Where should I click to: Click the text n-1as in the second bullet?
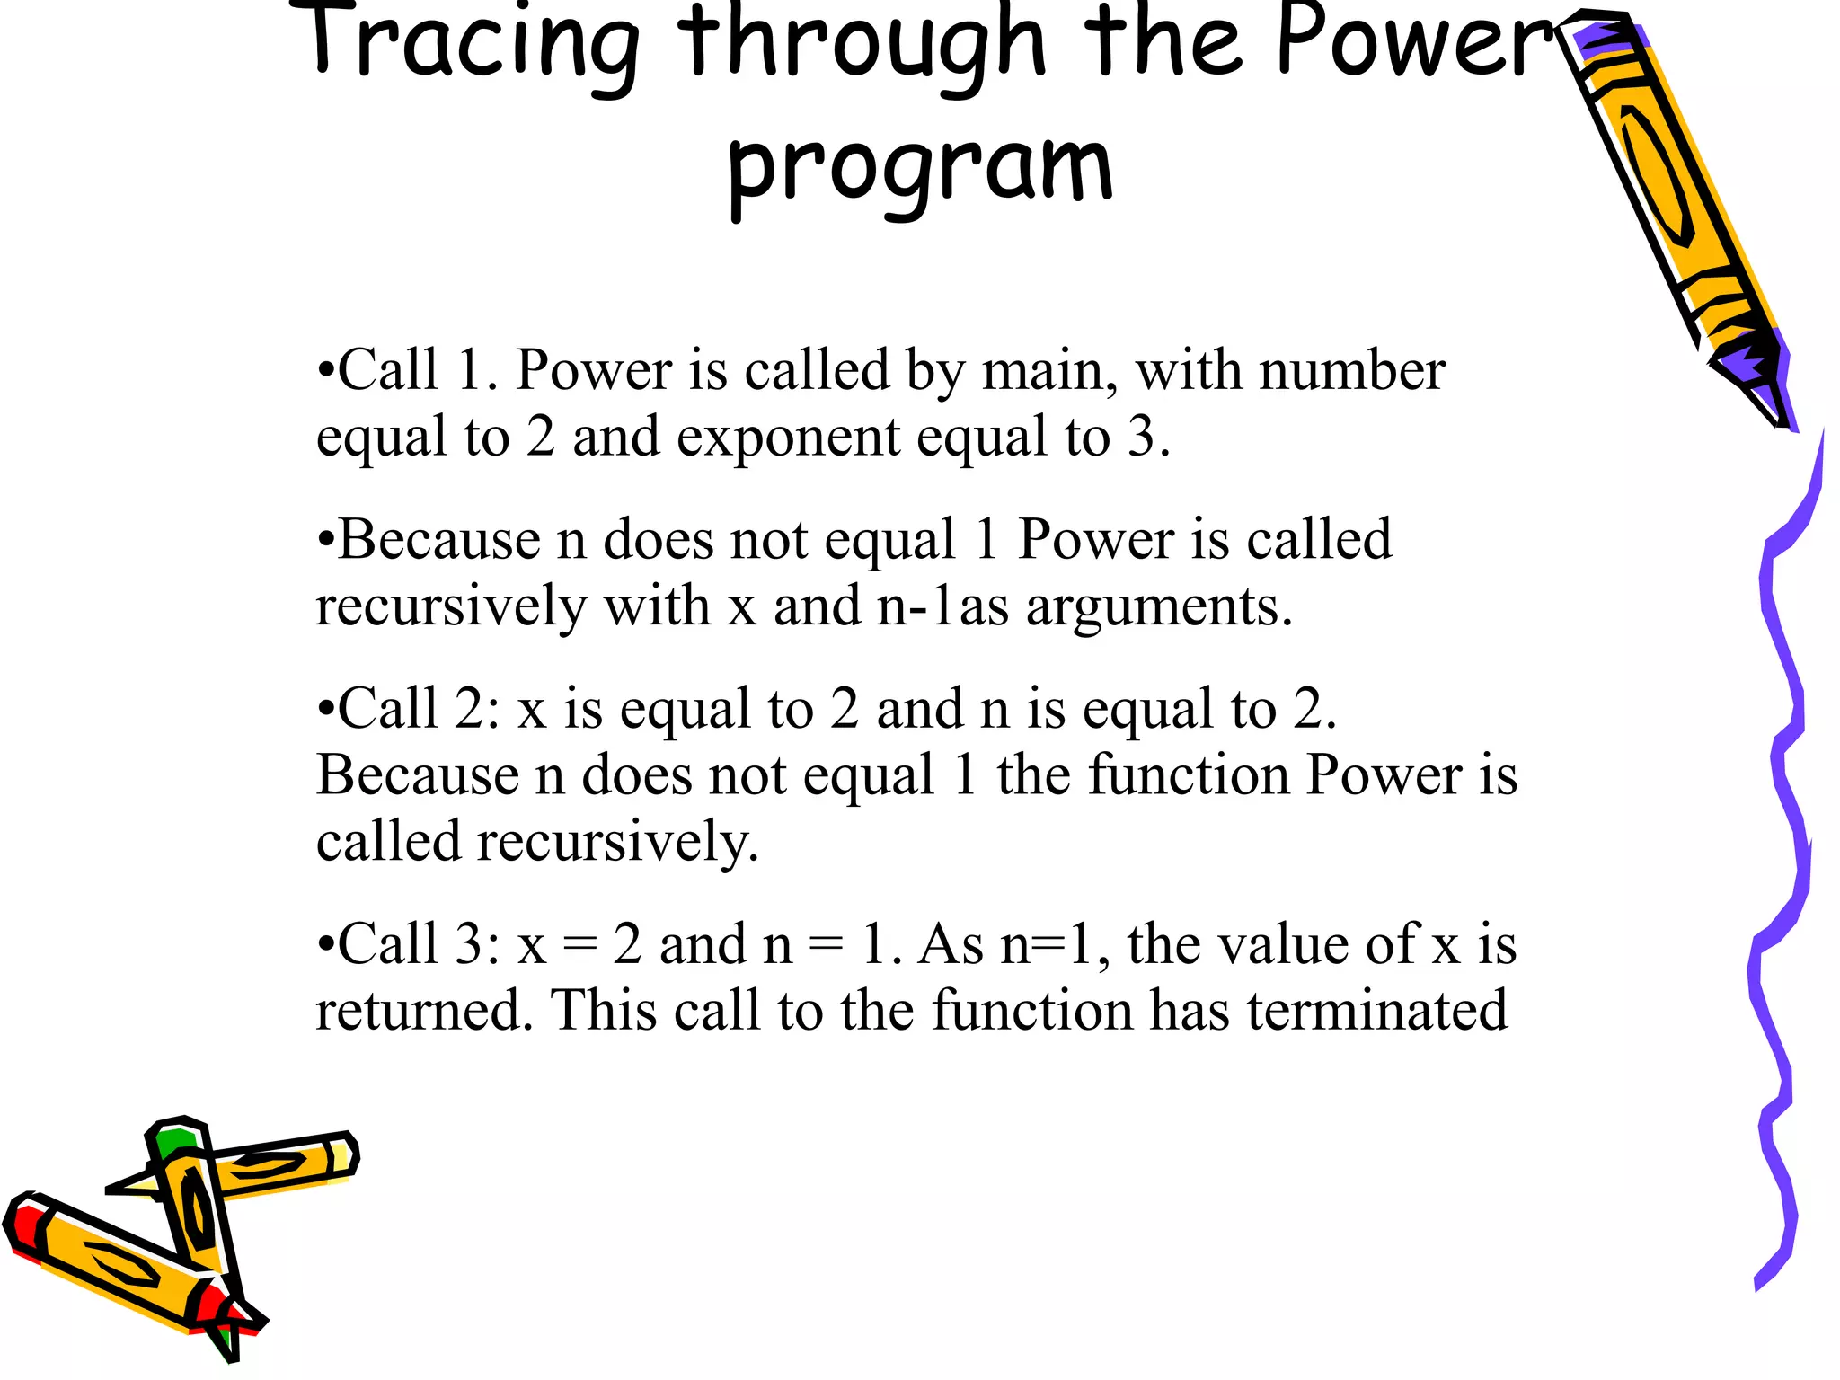pyautogui.click(x=942, y=606)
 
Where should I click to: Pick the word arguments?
pyautogui.click(x=1159, y=607)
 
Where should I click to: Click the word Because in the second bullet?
pyautogui.click(x=439, y=540)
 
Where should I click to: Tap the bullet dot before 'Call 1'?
pyautogui.click(x=326, y=370)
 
